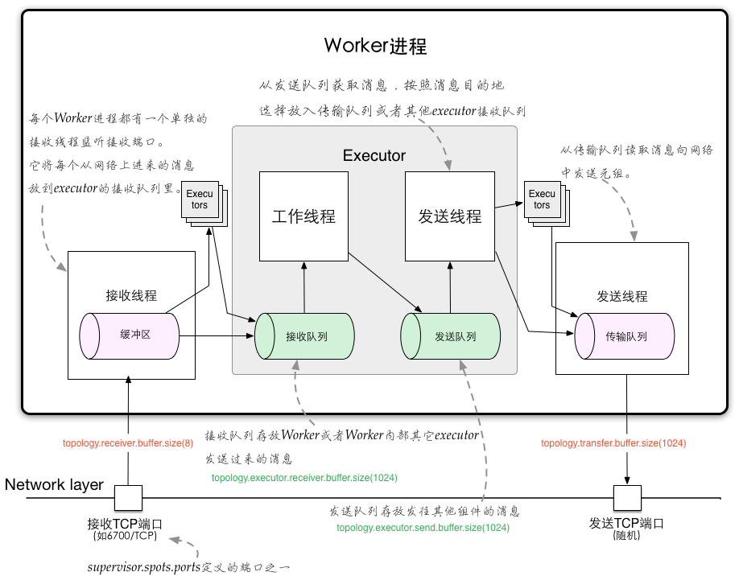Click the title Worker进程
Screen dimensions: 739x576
click(x=375, y=46)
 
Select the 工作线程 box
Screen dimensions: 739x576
click(x=303, y=216)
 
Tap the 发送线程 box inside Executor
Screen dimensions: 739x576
click(x=450, y=216)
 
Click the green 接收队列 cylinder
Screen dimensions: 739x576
click(x=304, y=336)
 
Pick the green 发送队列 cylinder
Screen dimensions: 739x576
click(x=450, y=336)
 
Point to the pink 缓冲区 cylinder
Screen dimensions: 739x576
click(x=129, y=335)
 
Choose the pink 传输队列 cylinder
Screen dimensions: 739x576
click(x=625, y=335)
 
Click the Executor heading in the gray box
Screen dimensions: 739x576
click(x=374, y=155)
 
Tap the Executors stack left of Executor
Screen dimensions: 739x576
click(x=204, y=204)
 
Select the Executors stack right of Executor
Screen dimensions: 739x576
click(x=547, y=204)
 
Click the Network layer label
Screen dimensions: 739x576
click(x=54, y=484)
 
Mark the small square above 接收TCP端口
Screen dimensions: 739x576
click(x=128, y=498)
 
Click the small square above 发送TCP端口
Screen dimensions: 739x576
click(x=627, y=498)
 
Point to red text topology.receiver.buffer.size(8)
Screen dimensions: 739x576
click(x=128, y=443)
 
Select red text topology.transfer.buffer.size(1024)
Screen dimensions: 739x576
click(x=613, y=443)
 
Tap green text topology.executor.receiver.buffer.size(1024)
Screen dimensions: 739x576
click(x=304, y=478)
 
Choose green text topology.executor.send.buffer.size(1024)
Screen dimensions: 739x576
click(x=423, y=528)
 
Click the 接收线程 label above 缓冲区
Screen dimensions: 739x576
click(x=131, y=295)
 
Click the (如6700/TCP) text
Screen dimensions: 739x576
click(x=125, y=536)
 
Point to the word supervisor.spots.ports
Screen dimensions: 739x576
click(x=144, y=567)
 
